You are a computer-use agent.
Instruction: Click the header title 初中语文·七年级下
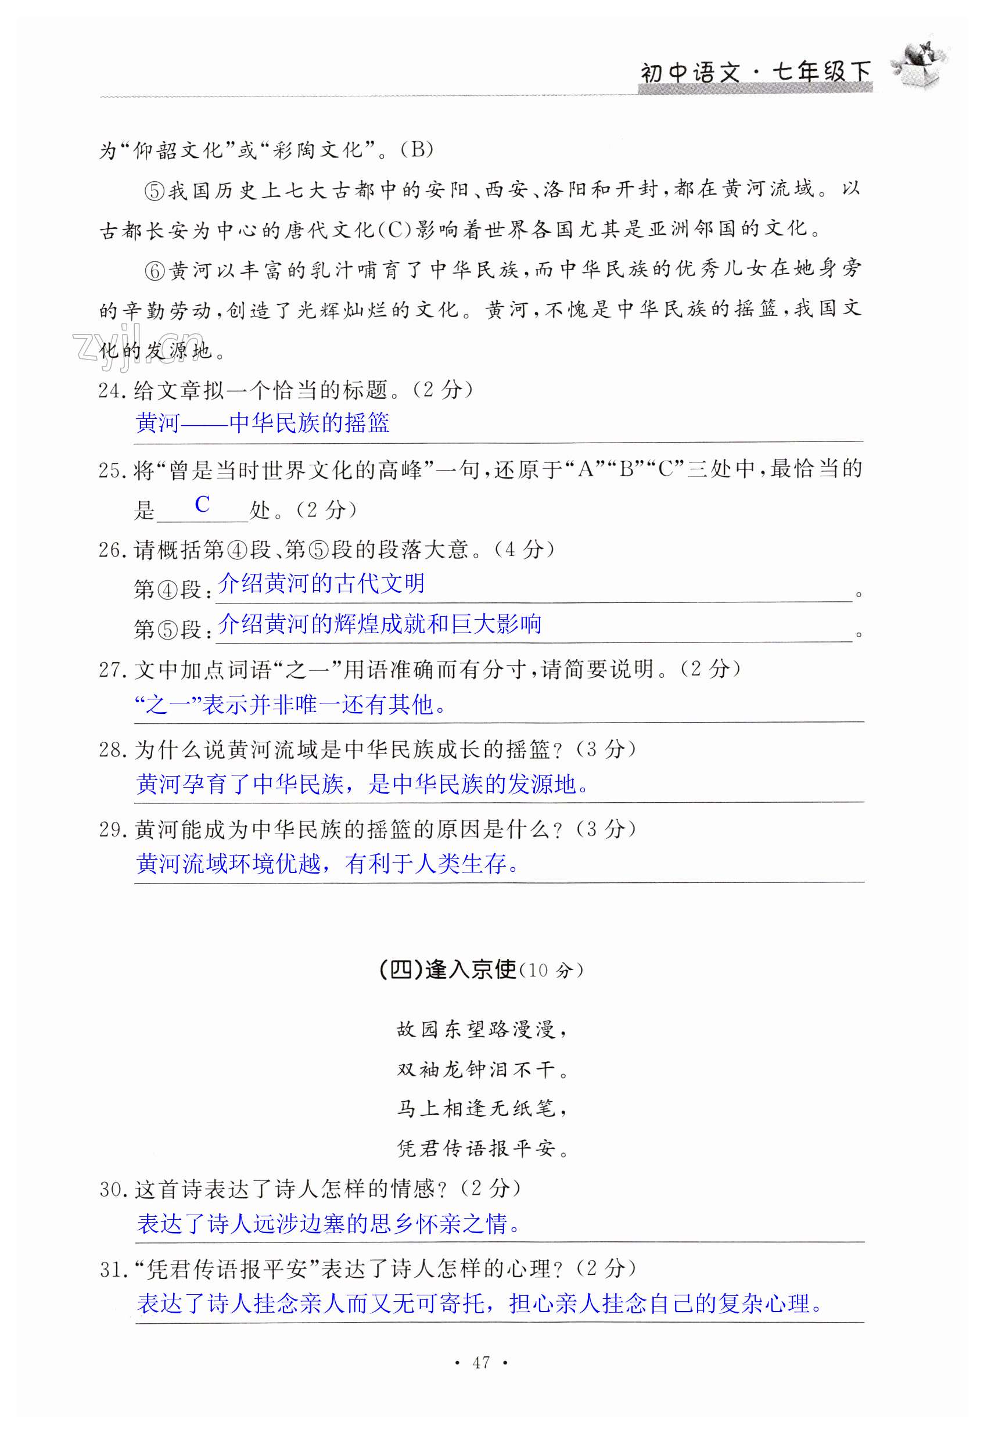[755, 73]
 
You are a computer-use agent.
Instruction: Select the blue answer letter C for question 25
[202, 504]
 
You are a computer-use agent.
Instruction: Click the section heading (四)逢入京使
[448, 970]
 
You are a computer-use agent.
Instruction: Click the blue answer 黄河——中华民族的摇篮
[263, 423]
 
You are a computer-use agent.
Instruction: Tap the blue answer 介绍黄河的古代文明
[321, 583]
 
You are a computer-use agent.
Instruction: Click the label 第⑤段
[168, 630]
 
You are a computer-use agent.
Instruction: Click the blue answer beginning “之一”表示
[290, 704]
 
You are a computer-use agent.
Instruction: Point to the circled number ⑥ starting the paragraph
[155, 271]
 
